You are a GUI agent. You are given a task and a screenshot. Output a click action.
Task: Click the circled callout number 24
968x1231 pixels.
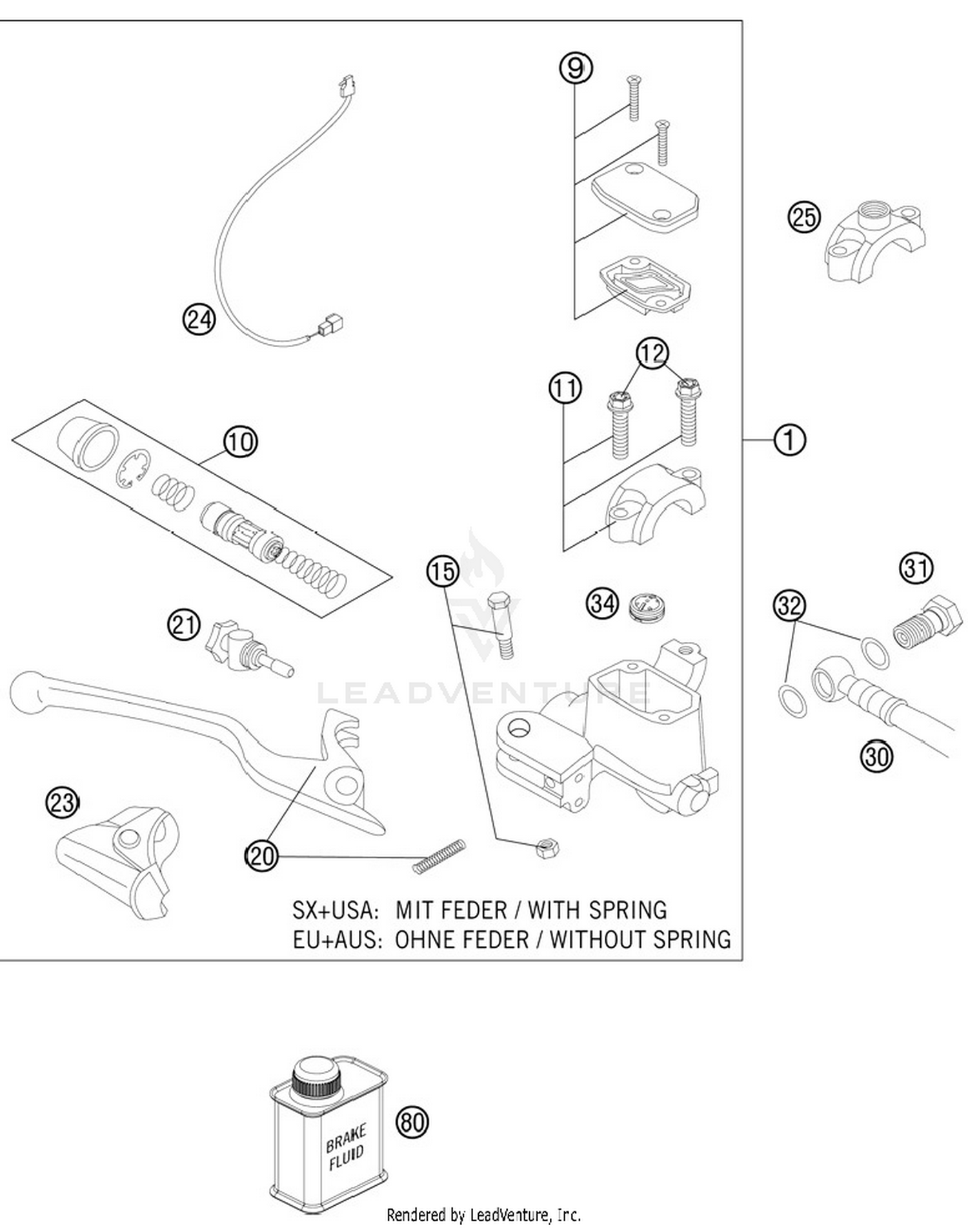pyautogui.click(x=199, y=319)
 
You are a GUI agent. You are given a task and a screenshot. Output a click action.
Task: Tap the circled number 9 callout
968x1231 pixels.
pyautogui.click(x=576, y=68)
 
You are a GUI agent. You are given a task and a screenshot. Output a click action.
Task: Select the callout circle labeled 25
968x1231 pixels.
pyautogui.click(x=804, y=217)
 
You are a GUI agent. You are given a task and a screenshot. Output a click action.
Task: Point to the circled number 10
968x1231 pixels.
pyautogui.click(x=241, y=442)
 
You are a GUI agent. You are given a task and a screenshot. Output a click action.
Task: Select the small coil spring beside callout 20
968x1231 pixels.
pyautogui.click(x=439, y=857)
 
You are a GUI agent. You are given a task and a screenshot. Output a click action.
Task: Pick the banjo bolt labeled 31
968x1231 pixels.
pyautogui.click(x=927, y=623)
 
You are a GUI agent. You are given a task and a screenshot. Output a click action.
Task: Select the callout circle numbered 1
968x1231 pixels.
pyautogui.click(x=789, y=440)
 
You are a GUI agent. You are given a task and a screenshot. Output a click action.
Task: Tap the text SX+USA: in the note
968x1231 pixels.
pyautogui.click(x=334, y=910)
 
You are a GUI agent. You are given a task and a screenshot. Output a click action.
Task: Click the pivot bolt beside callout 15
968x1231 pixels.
pyautogui.click(x=501, y=624)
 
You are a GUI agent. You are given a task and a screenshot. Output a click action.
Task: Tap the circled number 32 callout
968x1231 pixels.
pyautogui.click(x=789, y=605)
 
